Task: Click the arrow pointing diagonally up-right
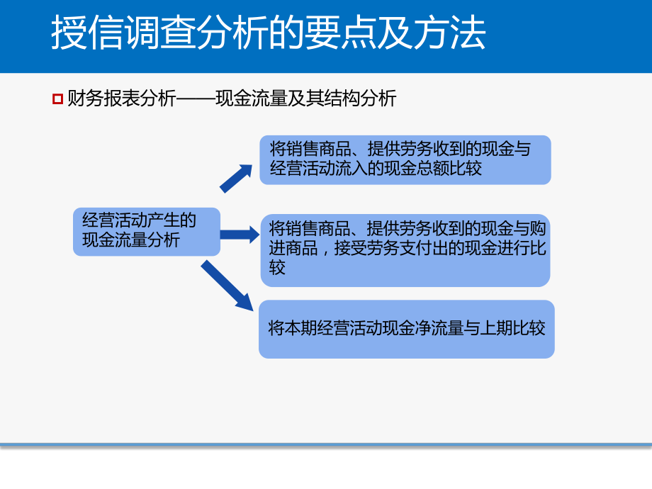click(x=236, y=179)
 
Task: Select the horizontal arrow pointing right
click(x=240, y=235)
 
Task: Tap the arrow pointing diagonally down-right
click(x=227, y=286)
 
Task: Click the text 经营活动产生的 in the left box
click(x=139, y=220)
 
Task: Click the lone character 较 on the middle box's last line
click(x=278, y=269)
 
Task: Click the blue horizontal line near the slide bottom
click(x=326, y=445)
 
